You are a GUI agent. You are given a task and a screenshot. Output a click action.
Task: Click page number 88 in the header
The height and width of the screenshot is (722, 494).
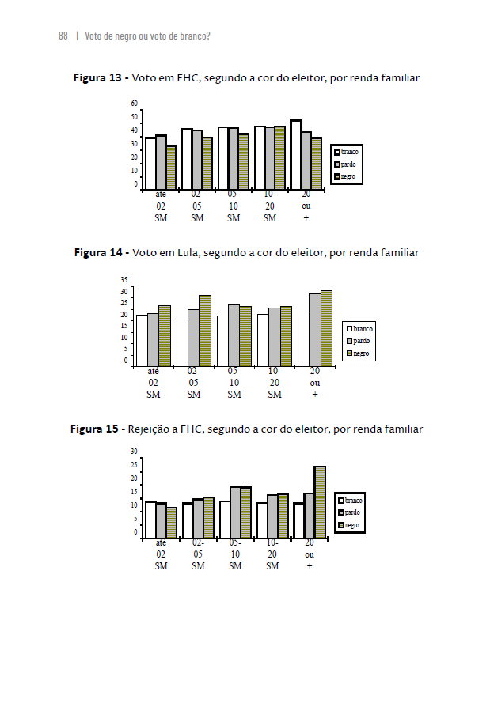63,36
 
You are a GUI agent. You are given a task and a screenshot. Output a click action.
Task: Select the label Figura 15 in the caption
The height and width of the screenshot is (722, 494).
95,429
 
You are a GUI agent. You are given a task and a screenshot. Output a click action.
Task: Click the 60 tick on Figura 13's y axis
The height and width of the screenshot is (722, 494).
135,104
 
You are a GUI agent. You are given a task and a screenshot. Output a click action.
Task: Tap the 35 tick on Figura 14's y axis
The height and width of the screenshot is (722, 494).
124,280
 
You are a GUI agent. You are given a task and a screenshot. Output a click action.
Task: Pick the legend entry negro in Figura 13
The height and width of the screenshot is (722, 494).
348,176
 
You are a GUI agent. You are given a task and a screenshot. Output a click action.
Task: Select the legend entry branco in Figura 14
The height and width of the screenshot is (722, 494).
362,328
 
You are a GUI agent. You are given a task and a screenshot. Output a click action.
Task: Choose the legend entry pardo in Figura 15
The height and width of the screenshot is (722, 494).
351,512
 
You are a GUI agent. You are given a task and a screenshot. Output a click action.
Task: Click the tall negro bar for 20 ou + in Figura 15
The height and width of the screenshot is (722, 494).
320,502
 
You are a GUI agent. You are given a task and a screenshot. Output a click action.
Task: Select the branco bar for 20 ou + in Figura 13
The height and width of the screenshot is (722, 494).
295,155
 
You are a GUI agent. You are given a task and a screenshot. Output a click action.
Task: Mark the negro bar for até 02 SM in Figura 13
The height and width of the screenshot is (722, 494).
171,168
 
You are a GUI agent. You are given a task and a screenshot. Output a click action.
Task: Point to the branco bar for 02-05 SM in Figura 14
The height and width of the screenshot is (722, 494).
182,342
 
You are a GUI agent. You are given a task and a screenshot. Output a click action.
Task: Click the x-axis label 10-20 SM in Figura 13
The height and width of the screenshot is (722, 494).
270,206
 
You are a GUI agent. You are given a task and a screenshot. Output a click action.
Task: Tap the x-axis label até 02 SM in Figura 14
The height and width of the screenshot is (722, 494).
154,382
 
